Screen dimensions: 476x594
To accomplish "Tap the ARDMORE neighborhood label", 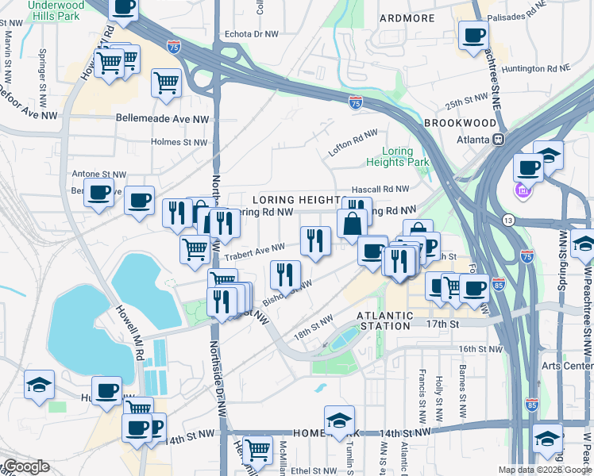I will coord(407,18).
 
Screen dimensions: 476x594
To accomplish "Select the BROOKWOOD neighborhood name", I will coord(460,124).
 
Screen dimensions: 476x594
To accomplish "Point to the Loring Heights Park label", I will coord(397,156).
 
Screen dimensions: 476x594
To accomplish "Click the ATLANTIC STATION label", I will coord(387,321).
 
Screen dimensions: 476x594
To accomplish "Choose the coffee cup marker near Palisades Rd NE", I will coord(473,36).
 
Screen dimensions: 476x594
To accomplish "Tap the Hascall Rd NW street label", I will coord(381,190).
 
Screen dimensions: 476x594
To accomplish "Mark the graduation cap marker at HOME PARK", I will coord(339,420).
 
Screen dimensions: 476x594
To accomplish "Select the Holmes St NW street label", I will coord(179,143).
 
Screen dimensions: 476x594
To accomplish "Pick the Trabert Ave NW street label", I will coord(255,249).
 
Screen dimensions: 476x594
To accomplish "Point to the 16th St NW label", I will coord(481,349).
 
